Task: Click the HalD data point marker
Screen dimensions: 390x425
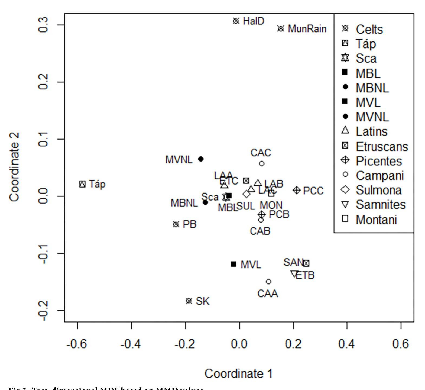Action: pyautogui.click(x=236, y=21)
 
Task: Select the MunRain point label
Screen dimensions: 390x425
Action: pyautogui.click(x=307, y=29)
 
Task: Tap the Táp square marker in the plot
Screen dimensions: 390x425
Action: pyautogui.click(x=83, y=184)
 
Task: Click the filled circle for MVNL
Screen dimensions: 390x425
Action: pyautogui.click(x=201, y=159)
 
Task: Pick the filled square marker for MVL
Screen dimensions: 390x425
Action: pyautogui.click(x=233, y=264)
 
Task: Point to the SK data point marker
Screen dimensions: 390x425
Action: pyautogui.click(x=189, y=301)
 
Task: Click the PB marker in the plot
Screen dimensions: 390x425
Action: pyautogui.click(x=176, y=224)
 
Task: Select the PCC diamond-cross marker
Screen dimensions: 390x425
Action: pyautogui.click(x=297, y=190)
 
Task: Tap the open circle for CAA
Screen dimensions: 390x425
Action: pyautogui.click(x=268, y=282)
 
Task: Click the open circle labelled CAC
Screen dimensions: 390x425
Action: pyautogui.click(x=262, y=163)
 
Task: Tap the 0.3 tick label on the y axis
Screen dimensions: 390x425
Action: pyautogui.click(x=43, y=25)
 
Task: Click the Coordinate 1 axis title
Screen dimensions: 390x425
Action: pyautogui.click(x=238, y=374)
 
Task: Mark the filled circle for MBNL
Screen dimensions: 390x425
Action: pyautogui.click(x=205, y=202)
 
